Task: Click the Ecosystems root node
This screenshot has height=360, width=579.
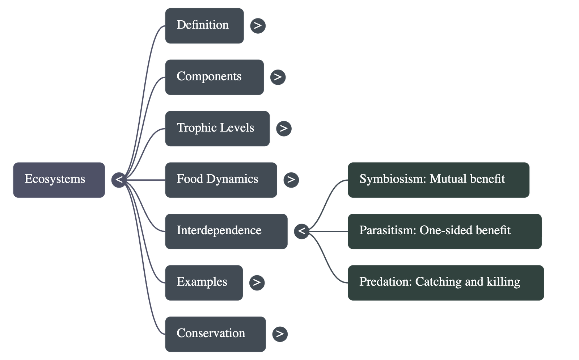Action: (x=59, y=180)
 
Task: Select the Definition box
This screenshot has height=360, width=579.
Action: (x=204, y=26)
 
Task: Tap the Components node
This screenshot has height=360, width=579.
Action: (x=214, y=77)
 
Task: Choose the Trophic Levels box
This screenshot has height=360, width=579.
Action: (x=217, y=129)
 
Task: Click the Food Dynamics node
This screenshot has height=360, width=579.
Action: (x=221, y=180)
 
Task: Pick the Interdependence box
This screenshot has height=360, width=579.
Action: (x=226, y=231)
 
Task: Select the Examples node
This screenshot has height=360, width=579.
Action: (x=204, y=282)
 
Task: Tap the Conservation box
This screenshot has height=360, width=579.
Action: (x=215, y=334)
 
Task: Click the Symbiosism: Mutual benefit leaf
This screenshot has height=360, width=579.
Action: (x=439, y=180)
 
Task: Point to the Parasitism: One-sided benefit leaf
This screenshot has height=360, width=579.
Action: (x=445, y=231)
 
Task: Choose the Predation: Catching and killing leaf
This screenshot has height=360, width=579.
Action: (x=446, y=282)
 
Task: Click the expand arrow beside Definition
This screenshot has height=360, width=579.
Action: (x=258, y=26)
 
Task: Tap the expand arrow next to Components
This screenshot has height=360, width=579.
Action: (x=278, y=77)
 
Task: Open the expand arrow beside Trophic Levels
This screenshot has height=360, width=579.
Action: (x=284, y=129)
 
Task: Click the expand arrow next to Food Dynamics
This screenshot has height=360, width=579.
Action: (x=291, y=180)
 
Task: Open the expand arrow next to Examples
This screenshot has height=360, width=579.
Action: (x=257, y=282)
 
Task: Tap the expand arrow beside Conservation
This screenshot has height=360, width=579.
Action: (x=280, y=334)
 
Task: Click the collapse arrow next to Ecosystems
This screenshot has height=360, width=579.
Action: (x=119, y=180)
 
